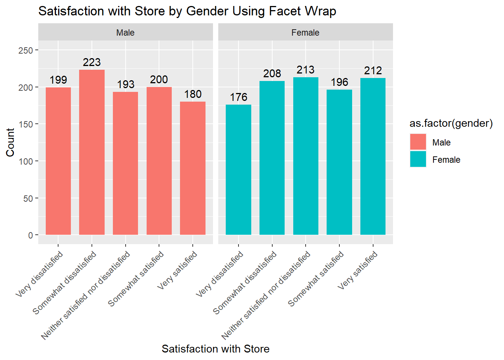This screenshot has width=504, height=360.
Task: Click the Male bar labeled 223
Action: [x=92, y=152]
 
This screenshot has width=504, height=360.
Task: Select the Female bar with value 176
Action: [x=238, y=169]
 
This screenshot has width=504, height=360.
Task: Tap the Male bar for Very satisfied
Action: [x=193, y=168]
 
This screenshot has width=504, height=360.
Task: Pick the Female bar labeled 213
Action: [x=306, y=156]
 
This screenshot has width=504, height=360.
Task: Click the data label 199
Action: [x=58, y=80]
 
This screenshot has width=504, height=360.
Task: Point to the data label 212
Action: [x=373, y=70]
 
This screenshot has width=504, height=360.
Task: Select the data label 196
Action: [x=339, y=82]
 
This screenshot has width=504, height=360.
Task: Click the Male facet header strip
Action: [x=125, y=33]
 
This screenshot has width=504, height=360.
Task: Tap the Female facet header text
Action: [x=305, y=33]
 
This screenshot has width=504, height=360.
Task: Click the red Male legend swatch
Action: [x=418, y=142]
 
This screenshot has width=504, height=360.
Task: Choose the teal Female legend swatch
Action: [x=418, y=159]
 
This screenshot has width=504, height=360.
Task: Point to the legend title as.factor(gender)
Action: [x=451, y=123]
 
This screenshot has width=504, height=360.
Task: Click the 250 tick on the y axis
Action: [x=25, y=50]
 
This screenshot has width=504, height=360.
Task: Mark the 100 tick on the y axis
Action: [x=25, y=161]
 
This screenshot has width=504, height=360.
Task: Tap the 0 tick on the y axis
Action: [x=30, y=235]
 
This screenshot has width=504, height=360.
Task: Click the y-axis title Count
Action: [x=10, y=142]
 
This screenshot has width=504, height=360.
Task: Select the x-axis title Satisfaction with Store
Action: [x=215, y=349]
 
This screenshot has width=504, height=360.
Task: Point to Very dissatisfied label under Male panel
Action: [x=40, y=274]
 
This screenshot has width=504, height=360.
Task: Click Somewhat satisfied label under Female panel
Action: [x=316, y=279]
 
